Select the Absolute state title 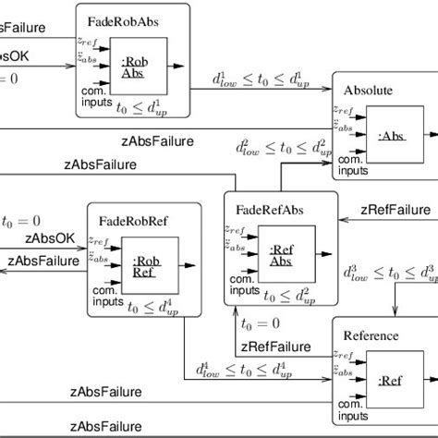[368, 91]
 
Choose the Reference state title [370, 335]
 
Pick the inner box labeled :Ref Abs [281, 254]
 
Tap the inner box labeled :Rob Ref [144, 265]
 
